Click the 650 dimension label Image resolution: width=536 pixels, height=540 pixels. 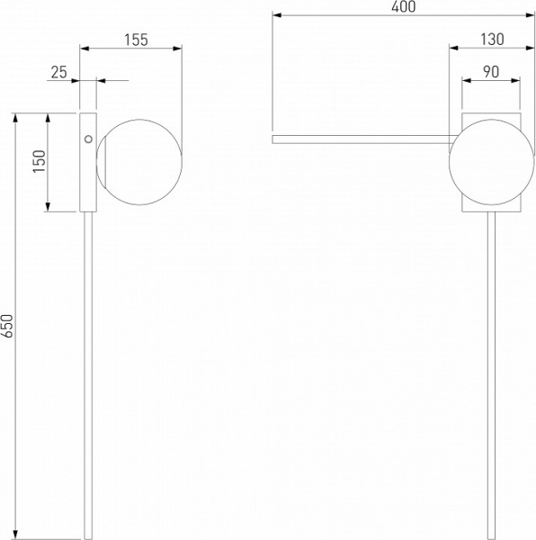pyautogui.click(x=7, y=326)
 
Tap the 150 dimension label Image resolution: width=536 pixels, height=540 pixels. pyautogui.click(x=40, y=161)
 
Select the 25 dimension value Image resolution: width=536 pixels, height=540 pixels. pyautogui.click(x=58, y=72)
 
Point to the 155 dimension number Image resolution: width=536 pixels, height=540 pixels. pyautogui.click(x=136, y=40)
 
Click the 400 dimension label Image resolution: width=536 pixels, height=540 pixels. pyautogui.click(x=404, y=6)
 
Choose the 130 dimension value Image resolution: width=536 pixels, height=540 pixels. pyautogui.click(x=492, y=40)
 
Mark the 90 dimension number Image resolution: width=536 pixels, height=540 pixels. pyautogui.click(x=491, y=72)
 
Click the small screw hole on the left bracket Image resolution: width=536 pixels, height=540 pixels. pyautogui.click(x=88, y=139)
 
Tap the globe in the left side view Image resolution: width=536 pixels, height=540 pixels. pyautogui.click(x=139, y=162)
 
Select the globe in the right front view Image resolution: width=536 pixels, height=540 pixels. pyautogui.click(x=492, y=162)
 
